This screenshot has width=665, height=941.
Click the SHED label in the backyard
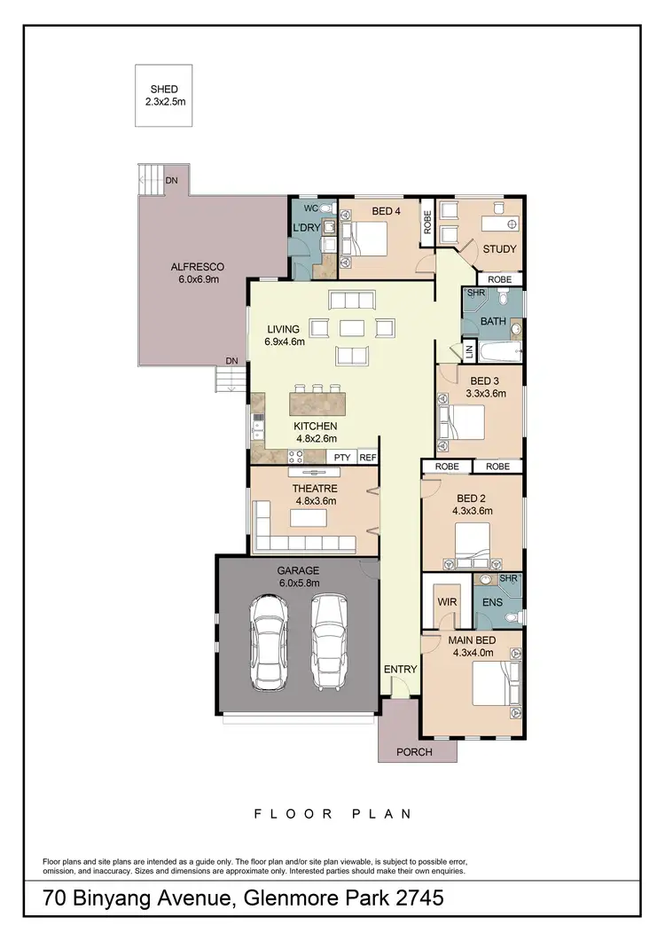tap(165, 90)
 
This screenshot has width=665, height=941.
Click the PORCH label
tap(414, 752)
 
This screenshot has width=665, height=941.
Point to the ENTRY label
tap(399, 669)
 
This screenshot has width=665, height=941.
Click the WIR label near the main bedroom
tap(445, 601)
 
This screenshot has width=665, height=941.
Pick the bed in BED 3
tap(463, 420)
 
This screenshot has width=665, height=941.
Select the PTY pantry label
tap(341, 458)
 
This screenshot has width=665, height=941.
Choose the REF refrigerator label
tap(368, 458)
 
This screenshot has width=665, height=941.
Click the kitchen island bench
tap(317, 405)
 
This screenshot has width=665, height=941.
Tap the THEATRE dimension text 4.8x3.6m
tap(317, 499)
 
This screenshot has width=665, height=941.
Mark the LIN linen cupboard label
tap(469, 352)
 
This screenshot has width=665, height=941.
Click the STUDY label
tap(499, 249)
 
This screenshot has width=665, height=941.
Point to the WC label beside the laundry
tap(310, 208)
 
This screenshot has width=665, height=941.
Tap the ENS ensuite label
tap(493, 601)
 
